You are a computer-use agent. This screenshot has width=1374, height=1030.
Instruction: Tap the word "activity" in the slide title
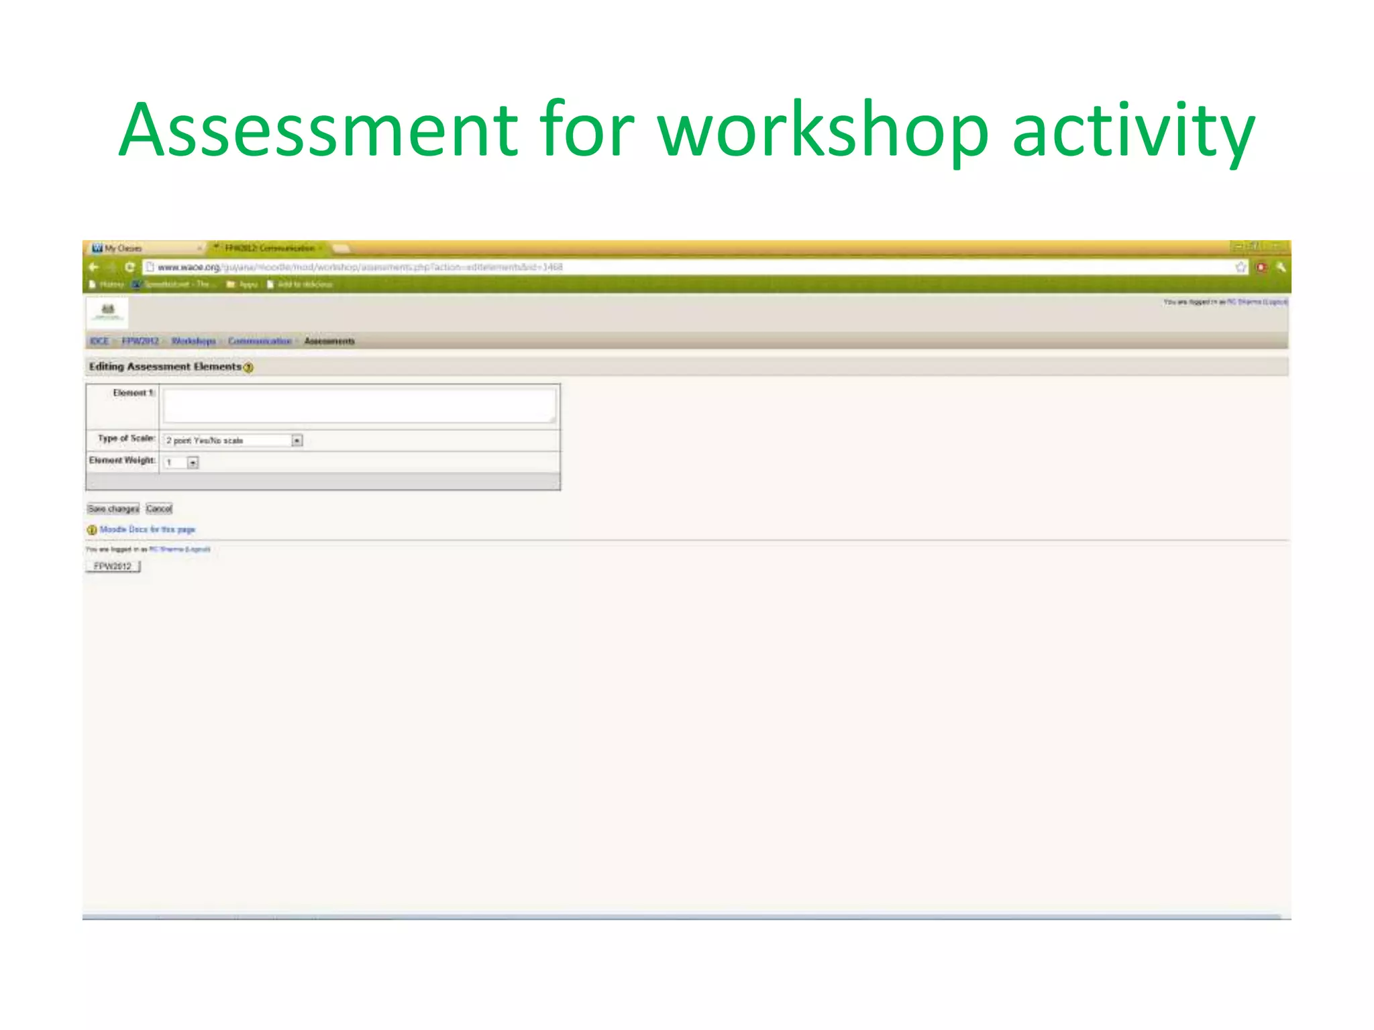coord(1133,131)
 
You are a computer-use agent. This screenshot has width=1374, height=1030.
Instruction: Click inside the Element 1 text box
coord(360,406)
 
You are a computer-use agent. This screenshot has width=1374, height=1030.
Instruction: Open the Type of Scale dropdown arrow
coord(297,441)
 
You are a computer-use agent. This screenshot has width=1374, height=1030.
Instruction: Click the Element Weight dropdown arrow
coord(193,463)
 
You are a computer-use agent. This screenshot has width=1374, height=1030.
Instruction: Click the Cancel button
coord(159,509)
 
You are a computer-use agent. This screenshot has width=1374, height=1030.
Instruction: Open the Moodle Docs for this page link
coord(147,530)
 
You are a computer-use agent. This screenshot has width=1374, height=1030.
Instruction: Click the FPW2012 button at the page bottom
coord(113,567)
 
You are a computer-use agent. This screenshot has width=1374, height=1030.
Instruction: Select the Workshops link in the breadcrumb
coord(193,341)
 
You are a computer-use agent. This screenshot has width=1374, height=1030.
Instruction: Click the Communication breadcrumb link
coord(260,341)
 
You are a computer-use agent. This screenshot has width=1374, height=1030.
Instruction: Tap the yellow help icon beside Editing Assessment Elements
coord(249,367)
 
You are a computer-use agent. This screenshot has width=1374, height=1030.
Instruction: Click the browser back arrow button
coord(94,267)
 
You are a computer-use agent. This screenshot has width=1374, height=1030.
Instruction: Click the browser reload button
coord(130,267)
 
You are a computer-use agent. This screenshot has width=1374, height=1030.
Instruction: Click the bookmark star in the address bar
coord(1240,268)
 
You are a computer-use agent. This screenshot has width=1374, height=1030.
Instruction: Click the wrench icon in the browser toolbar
coord(1281,268)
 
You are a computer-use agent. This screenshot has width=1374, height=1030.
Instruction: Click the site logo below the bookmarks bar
coord(107,312)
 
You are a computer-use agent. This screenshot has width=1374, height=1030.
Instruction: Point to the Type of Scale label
coord(126,439)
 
